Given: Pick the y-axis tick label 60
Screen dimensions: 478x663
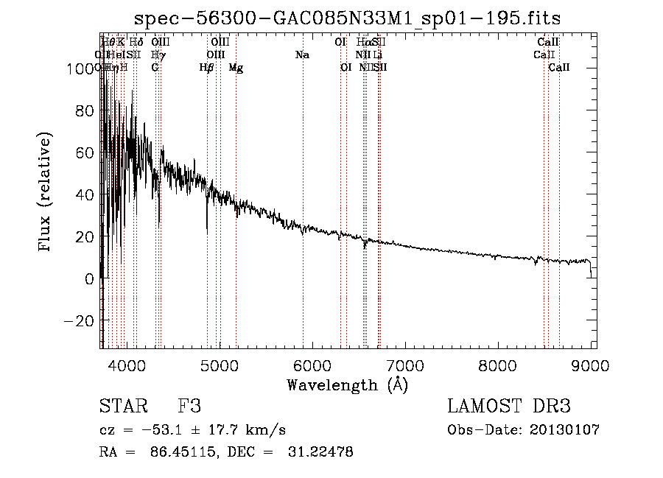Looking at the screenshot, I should [x=83, y=153].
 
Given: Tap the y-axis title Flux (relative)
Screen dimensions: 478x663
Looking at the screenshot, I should [x=46, y=193].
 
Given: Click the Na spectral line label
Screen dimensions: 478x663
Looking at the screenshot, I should [x=302, y=55].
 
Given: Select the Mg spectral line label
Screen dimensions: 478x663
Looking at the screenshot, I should [x=236, y=68].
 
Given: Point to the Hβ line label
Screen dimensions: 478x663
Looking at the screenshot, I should [x=207, y=68].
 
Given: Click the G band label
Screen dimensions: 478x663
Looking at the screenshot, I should [x=155, y=68].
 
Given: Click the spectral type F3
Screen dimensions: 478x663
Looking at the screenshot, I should [x=189, y=407].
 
